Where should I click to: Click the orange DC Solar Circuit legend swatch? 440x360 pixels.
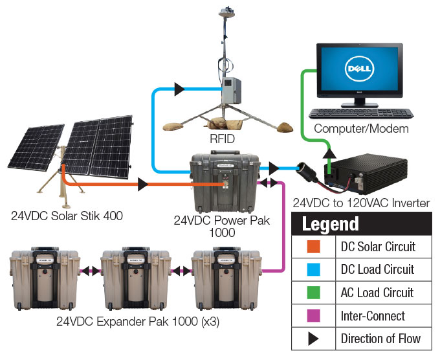coord(314,247)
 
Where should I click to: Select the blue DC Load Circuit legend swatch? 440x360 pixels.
coord(314,269)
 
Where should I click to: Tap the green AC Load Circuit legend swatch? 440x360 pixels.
coord(314,293)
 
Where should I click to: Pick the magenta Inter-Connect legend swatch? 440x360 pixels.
coord(314,315)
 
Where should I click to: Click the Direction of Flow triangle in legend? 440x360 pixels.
coord(314,339)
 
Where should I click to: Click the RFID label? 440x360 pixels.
coord(221,139)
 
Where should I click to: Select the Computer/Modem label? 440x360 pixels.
coord(361,129)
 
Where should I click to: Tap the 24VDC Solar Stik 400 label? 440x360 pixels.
coord(67,216)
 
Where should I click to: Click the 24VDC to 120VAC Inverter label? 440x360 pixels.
coord(361,203)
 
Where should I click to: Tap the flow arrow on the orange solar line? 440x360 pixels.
coord(142,185)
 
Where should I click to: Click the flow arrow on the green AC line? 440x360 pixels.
coord(329,153)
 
